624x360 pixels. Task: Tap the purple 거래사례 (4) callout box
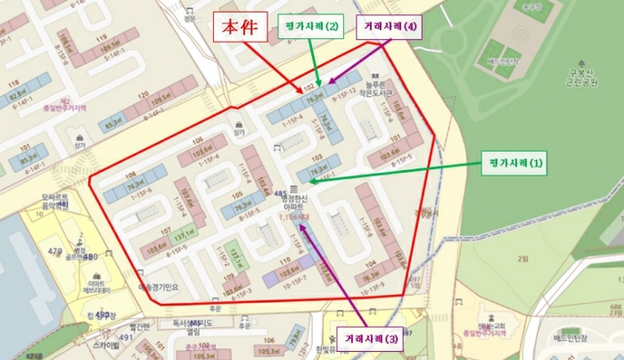pyautogui.click(x=390, y=27)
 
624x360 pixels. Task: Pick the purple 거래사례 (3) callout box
pyautogui.click(x=367, y=339)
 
